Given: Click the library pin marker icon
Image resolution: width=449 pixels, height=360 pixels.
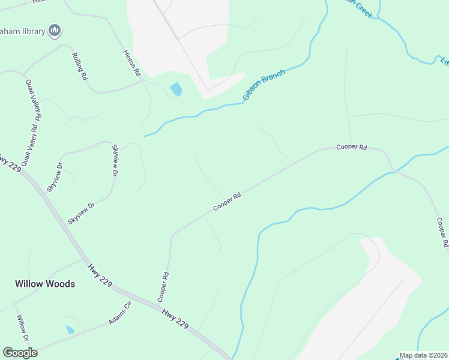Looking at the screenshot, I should click(x=55, y=31).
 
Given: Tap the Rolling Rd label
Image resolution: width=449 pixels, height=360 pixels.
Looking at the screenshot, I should click(x=80, y=67).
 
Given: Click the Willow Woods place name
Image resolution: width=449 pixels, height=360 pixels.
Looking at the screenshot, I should click(x=45, y=283).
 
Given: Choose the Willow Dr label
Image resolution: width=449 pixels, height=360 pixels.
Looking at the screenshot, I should click(x=23, y=328).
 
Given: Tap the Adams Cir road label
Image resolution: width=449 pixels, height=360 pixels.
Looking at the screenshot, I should click(x=120, y=313).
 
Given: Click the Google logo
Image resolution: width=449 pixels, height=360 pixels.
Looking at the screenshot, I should click(x=20, y=353).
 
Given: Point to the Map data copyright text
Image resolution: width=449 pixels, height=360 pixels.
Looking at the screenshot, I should click(x=424, y=355).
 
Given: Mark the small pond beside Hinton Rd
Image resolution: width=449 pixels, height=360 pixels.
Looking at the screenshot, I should click(x=176, y=89).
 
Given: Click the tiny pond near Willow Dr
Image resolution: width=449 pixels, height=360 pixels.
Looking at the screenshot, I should click(x=70, y=329).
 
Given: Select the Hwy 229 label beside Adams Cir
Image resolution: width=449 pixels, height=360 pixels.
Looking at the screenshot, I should click(x=175, y=319).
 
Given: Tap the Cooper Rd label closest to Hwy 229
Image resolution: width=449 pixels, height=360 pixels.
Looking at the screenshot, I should click(x=163, y=287).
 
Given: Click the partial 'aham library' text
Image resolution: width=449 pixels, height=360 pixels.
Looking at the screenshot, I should click(x=24, y=31).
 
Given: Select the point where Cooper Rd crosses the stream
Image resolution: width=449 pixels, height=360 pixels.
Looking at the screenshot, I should click(x=395, y=172).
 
